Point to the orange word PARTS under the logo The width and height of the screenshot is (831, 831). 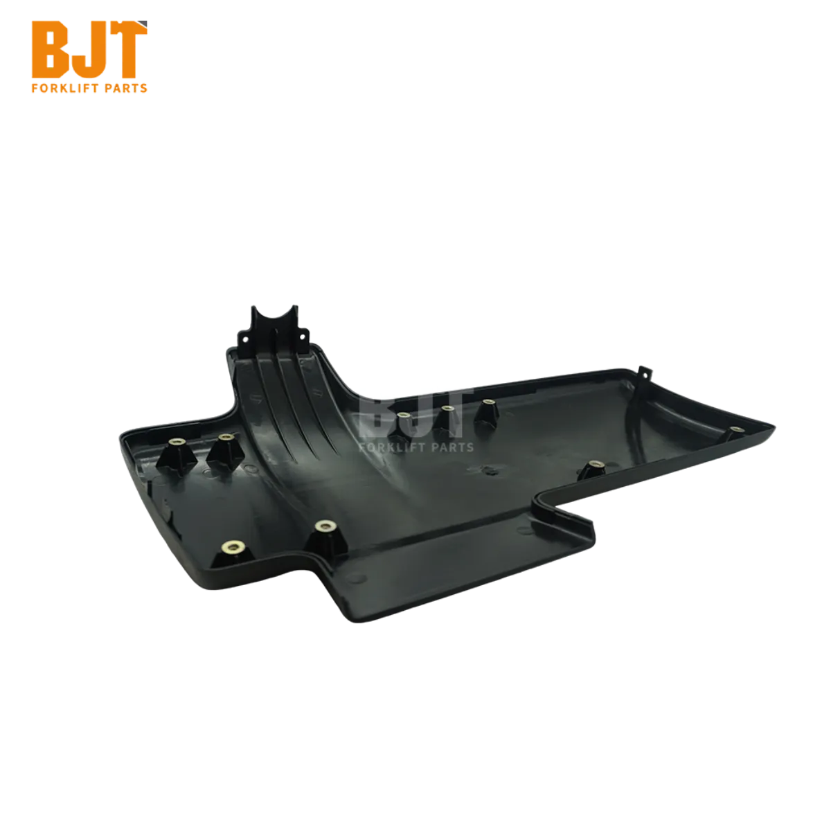127,89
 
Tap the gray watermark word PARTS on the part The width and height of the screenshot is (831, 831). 456,447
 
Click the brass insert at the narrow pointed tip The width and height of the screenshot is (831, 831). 735,429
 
